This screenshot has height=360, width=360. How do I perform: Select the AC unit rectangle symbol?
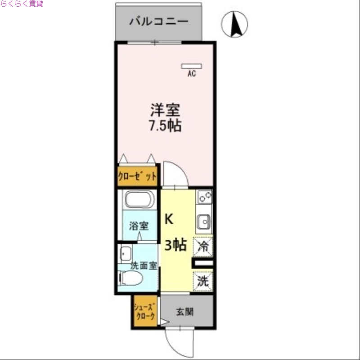(191, 66)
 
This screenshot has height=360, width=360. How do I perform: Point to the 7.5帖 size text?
(165, 126)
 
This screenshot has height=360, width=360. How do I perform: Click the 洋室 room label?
(165, 110)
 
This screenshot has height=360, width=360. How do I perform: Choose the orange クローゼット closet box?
(137, 176)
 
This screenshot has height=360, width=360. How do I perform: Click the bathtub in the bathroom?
(139, 199)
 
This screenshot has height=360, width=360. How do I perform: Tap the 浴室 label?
(139, 226)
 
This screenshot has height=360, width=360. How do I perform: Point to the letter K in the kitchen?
(168, 219)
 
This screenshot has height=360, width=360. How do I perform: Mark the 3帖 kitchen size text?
(175, 245)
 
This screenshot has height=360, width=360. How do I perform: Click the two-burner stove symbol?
(204, 197)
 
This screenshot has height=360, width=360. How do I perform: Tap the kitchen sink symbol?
(204, 221)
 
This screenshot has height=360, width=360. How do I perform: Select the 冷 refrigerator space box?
(203, 246)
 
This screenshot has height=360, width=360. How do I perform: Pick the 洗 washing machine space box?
(203, 282)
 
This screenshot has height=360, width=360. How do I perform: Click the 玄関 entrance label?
(184, 311)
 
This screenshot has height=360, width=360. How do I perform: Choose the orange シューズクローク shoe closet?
(145, 311)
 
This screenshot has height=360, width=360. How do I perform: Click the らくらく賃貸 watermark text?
(22, 4)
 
